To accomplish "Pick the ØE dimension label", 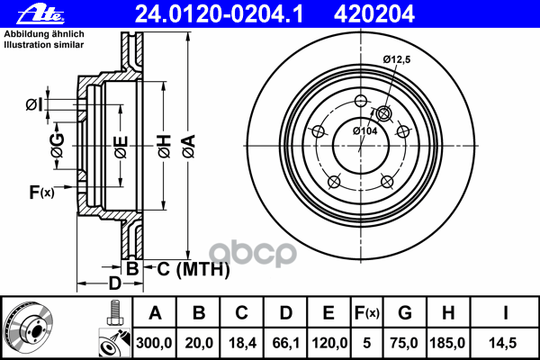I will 120,145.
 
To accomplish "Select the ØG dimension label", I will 57,145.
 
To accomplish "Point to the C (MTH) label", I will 190,269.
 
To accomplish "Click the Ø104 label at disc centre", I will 364,131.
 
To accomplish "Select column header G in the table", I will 404,313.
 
